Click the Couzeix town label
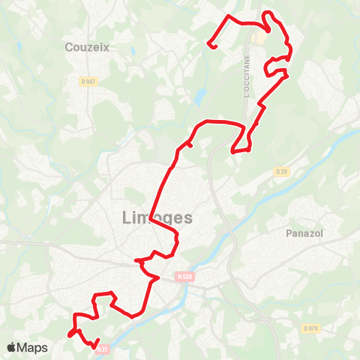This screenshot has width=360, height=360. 87,47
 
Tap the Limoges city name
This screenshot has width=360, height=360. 156,218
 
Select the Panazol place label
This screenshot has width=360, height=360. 303,233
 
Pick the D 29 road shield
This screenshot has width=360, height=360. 281,172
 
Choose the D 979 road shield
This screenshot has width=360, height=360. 310,328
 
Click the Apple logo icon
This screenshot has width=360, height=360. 11,347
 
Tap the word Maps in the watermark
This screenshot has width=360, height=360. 33,347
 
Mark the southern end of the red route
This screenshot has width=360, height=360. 97,347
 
